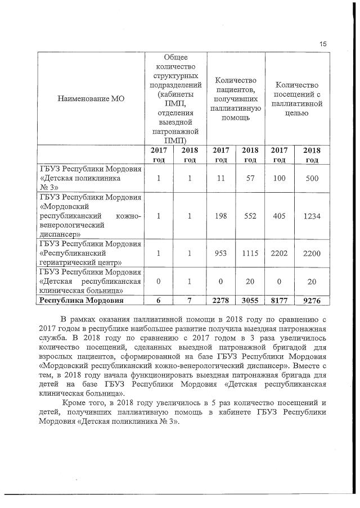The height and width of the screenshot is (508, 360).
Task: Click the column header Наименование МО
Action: [91, 98]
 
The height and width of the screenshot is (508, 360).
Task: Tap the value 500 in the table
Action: [309, 179]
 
